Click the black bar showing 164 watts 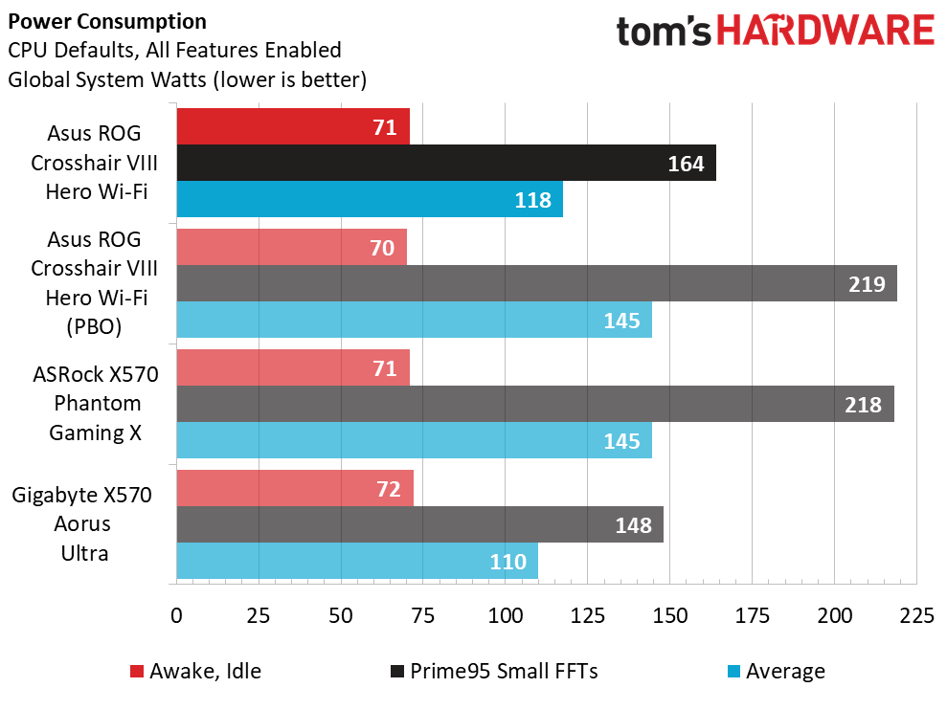446,163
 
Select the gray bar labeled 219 537,283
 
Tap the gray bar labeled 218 535,404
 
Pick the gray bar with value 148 420,524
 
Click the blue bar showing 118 370,199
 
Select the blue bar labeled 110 357,561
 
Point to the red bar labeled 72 295,488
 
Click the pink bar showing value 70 292,247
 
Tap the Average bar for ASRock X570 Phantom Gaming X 415,440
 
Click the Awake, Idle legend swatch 137,672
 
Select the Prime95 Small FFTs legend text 504,672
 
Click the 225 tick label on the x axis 916,616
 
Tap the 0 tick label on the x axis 176,616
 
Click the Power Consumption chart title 107,22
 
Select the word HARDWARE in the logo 825,31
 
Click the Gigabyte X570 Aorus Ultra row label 82,524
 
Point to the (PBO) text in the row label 94,326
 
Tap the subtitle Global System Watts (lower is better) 188,79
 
